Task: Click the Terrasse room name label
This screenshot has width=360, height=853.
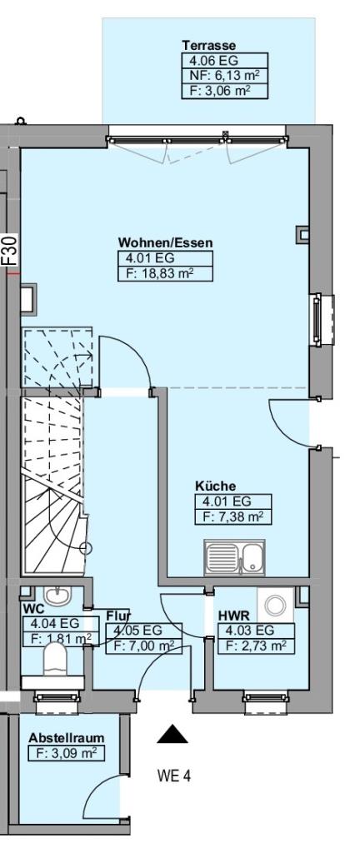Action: point(209,45)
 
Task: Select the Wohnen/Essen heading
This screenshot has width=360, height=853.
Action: point(166,243)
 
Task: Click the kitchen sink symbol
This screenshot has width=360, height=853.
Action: point(234,556)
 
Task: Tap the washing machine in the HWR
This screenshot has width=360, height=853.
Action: point(276,605)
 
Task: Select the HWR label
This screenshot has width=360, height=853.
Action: point(234,616)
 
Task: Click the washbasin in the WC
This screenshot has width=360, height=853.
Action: point(57,596)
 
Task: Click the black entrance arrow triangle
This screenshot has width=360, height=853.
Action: point(172,734)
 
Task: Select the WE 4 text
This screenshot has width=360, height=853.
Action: point(174,776)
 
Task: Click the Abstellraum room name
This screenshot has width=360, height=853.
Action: point(67,738)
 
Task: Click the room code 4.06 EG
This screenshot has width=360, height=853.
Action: point(210,60)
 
